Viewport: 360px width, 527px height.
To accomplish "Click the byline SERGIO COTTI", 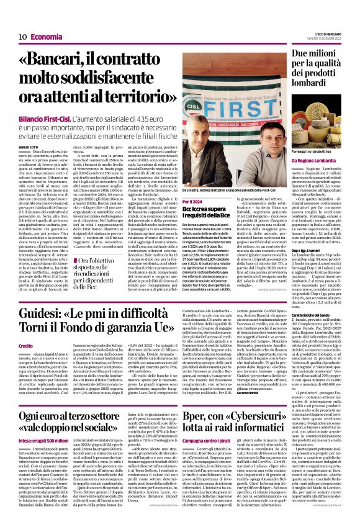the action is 28,146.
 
